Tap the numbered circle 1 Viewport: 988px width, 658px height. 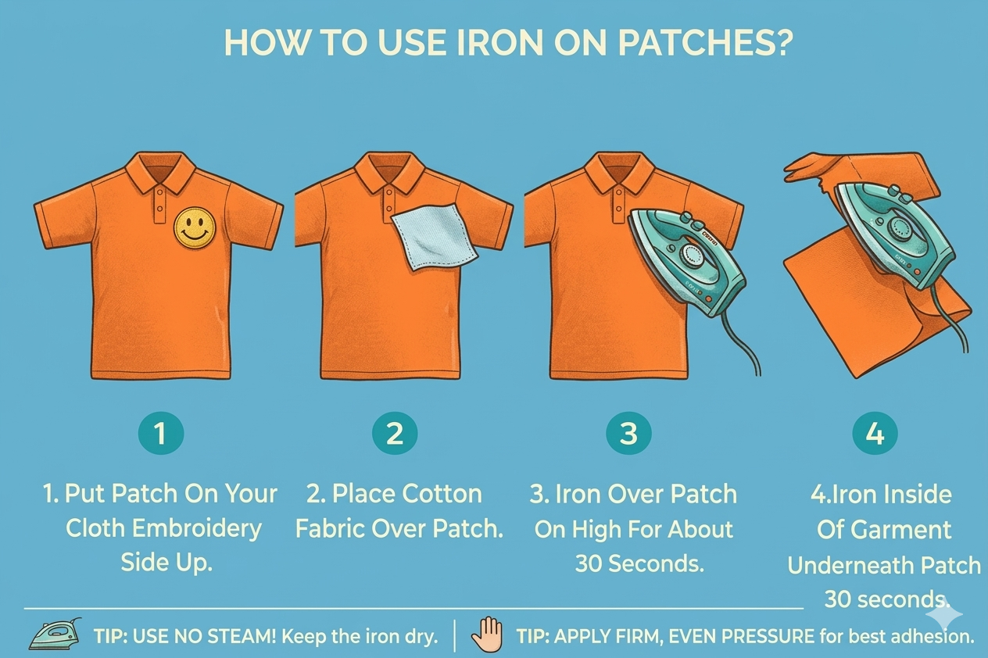tap(161, 433)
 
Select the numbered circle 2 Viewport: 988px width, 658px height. tap(395, 433)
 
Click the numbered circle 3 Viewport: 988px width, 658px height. tap(629, 433)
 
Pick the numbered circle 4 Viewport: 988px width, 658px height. tap(875, 433)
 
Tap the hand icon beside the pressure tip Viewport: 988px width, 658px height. tap(487, 635)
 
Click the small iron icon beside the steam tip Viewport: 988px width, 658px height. tap(55, 634)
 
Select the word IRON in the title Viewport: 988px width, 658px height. tap(500, 43)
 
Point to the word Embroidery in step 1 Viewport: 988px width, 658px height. tap(197, 529)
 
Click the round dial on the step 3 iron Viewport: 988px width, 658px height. tap(690, 255)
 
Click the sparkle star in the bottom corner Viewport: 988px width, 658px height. tap(944, 614)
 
